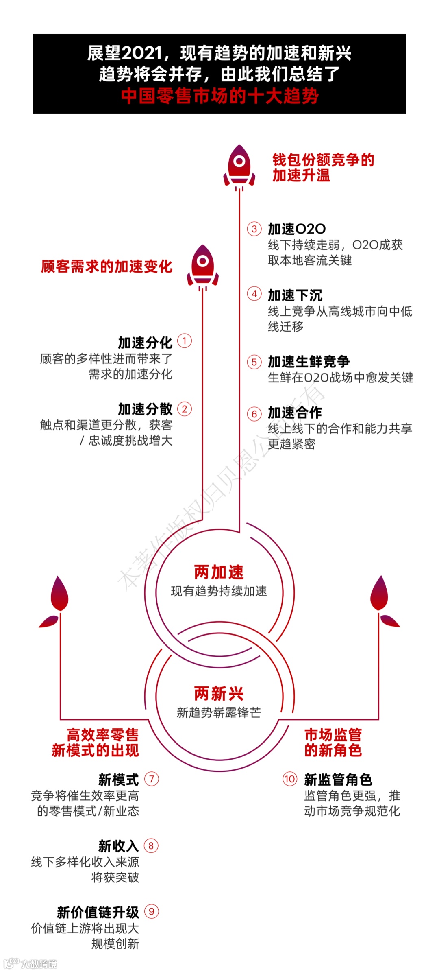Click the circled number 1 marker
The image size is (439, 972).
click(185, 341)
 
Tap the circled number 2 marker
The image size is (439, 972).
click(185, 409)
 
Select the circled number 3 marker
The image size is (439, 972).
click(254, 229)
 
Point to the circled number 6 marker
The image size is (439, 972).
click(254, 414)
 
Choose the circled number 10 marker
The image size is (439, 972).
click(290, 779)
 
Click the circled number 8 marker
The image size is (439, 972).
click(151, 846)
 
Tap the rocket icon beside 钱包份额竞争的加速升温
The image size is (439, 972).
click(239, 167)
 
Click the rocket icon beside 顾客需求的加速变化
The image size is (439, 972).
click(202, 266)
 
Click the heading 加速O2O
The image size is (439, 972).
click(297, 229)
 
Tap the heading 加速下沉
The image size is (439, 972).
click(295, 295)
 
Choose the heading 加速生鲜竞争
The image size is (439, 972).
click(309, 361)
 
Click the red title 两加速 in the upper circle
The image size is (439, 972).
click(219, 572)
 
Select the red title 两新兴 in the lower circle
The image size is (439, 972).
click(219, 694)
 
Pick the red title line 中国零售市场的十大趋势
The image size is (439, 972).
click(219, 96)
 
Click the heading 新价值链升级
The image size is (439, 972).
click(98, 912)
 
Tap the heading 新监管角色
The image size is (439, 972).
click(338, 780)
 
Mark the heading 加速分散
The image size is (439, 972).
click(145, 409)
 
